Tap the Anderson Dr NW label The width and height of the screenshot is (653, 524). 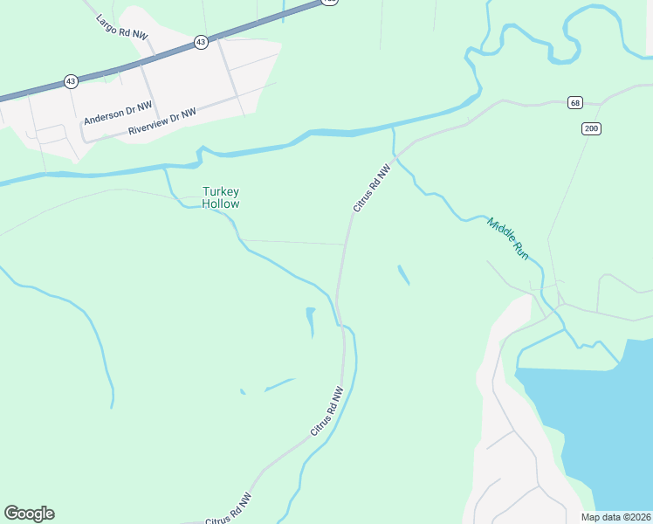pos(118,112)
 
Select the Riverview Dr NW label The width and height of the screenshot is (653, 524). pos(162,121)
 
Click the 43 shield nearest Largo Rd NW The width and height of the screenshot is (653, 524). pos(201,42)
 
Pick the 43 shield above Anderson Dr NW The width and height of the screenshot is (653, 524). pos(71,81)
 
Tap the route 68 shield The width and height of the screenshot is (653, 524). pos(574,102)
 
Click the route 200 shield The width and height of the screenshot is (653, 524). pos(591,128)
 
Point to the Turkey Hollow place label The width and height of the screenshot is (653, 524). pos(220,197)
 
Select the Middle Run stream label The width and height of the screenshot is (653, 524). pos(508,236)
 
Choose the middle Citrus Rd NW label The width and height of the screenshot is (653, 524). pos(327,412)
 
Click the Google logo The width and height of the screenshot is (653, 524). pos(29,514)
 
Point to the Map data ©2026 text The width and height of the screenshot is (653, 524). pos(615,517)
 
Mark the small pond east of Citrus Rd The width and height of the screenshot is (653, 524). pos(403,275)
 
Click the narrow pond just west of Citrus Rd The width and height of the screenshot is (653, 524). pos(310,321)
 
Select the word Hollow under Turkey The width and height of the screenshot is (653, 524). pos(220,203)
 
